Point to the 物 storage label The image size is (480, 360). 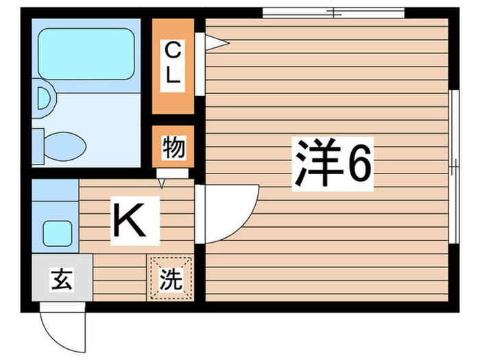click(173, 147)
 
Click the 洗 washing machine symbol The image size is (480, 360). click(171, 278)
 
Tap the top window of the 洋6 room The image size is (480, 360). click(333, 12)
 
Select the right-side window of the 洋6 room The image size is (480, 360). click(453, 165)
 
